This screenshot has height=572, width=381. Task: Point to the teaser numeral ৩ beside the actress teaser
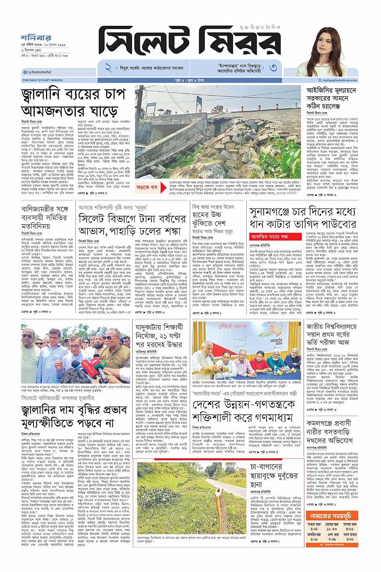pyautogui.click(x=273, y=67)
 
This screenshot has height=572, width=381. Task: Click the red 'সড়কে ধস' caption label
pyautogui.click(x=147, y=188)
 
